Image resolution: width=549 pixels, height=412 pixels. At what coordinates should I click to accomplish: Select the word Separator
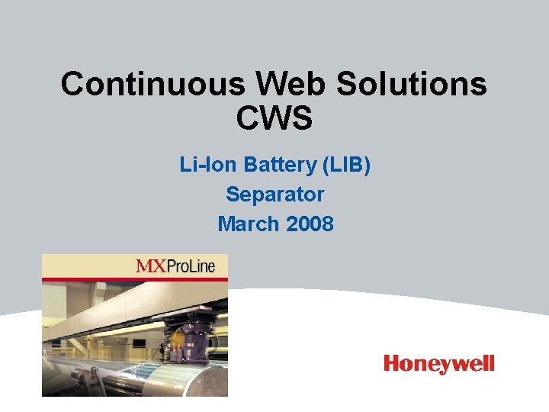pyautogui.click(x=274, y=195)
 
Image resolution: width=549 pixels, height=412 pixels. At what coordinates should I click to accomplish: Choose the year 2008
pyautogui.click(x=308, y=224)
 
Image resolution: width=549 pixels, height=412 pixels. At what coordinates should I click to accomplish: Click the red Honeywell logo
pyautogui.click(x=438, y=364)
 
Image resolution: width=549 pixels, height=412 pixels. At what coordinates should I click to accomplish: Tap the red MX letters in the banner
pyautogui.click(x=152, y=266)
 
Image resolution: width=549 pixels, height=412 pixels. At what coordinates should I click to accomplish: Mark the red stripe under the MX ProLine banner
pyautogui.click(x=134, y=280)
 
